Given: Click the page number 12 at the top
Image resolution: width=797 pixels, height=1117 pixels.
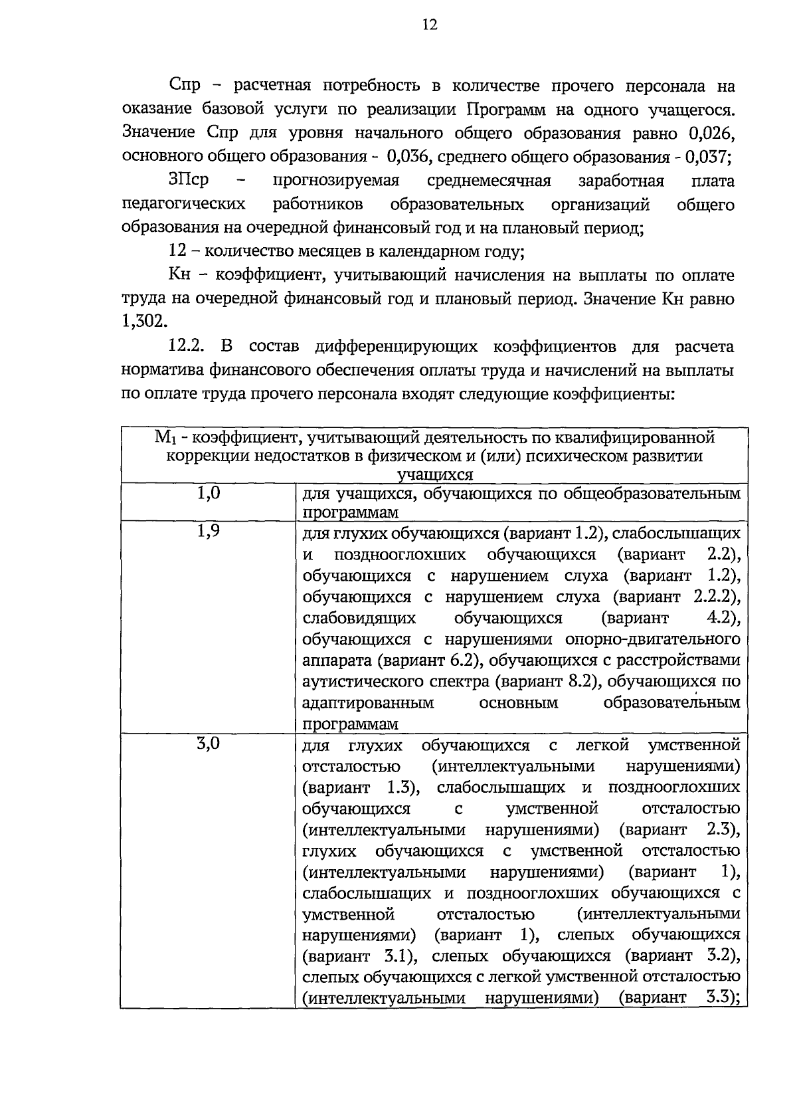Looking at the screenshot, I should [x=430, y=26].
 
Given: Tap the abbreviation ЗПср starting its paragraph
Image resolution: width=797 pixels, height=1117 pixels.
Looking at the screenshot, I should [x=189, y=181].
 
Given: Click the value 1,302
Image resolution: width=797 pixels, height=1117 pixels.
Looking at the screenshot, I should [x=142, y=322].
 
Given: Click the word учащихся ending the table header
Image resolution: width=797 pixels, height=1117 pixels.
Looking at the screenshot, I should [x=434, y=474].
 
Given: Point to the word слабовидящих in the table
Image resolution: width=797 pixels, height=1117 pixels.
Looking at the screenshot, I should [x=359, y=618].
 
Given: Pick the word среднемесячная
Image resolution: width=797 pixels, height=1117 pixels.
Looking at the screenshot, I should [x=489, y=181].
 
